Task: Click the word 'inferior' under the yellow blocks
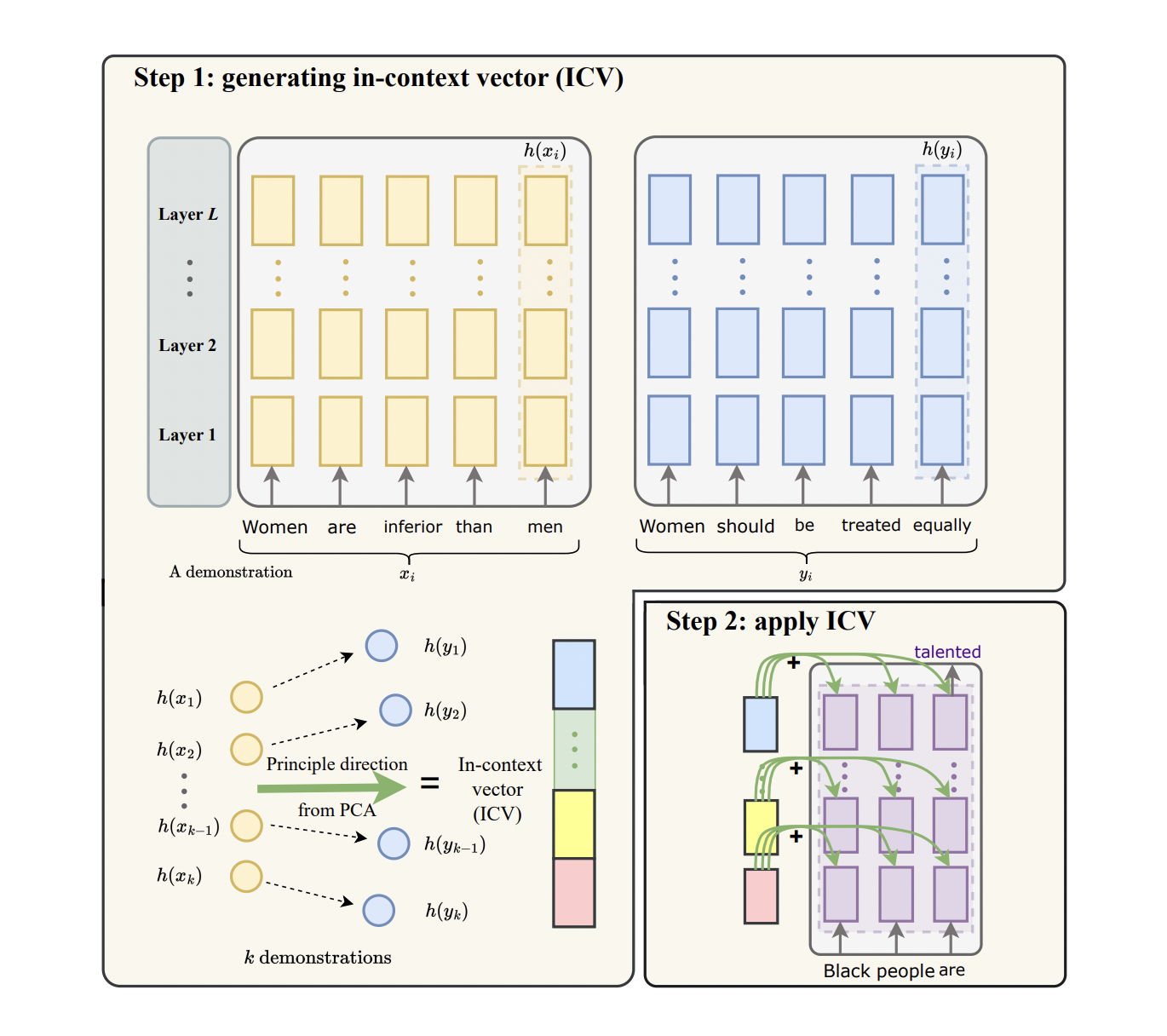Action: (x=412, y=527)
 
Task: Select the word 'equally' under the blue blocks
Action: (x=941, y=526)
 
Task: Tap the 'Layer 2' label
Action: (x=187, y=345)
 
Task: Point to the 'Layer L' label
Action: (x=187, y=214)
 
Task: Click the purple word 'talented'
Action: (x=947, y=652)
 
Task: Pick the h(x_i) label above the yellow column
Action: (x=544, y=151)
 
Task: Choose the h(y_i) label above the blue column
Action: (x=941, y=150)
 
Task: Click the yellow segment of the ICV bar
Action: (x=573, y=823)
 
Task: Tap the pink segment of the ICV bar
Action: (x=573, y=892)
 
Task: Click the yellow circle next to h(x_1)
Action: (x=246, y=697)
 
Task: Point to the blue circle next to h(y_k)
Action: (x=378, y=910)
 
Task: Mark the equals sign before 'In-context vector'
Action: (x=430, y=782)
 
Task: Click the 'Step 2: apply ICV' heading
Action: (x=770, y=621)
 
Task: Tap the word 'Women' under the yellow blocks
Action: (x=274, y=527)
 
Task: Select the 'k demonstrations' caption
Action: (x=318, y=958)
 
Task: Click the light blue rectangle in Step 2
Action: (x=760, y=724)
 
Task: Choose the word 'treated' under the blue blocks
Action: (x=871, y=525)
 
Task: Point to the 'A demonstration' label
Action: (x=230, y=572)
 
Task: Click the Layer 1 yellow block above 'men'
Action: (x=545, y=431)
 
